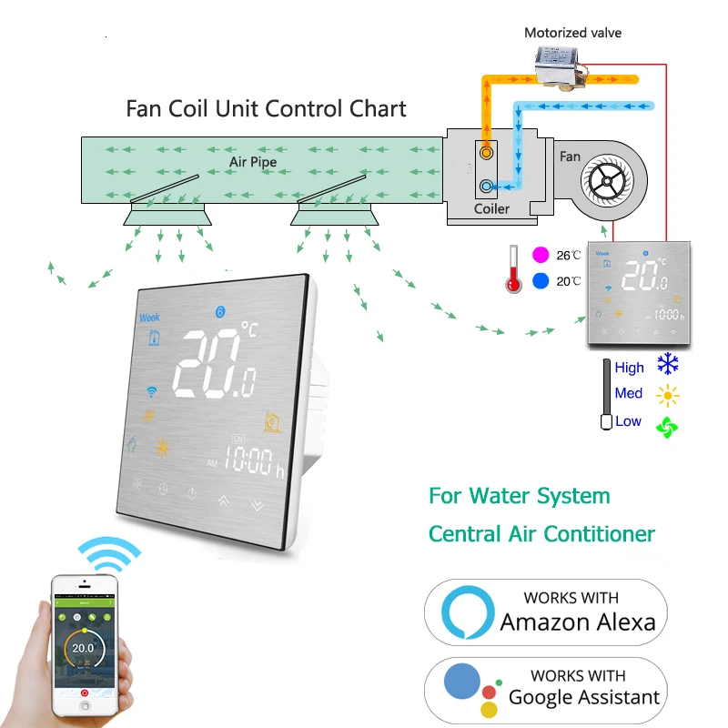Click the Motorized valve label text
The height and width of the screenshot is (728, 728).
click(572, 33)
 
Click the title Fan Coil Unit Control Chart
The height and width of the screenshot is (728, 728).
click(266, 109)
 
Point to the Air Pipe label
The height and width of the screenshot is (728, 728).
click(252, 162)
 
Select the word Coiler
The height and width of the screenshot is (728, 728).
click(491, 208)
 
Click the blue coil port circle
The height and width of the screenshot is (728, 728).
click(488, 187)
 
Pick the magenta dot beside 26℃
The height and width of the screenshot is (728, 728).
click(541, 255)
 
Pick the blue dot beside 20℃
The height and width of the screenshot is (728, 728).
click(541, 281)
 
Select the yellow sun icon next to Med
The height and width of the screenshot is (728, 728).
click(669, 395)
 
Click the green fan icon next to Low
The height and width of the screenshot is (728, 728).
click(669, 425)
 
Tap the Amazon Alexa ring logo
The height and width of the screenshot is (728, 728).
click(468, 612)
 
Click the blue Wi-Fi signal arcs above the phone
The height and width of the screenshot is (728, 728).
click(108, 551)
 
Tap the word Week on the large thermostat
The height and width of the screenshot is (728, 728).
click(149, 318)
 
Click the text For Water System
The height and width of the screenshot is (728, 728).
click(520, 496)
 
